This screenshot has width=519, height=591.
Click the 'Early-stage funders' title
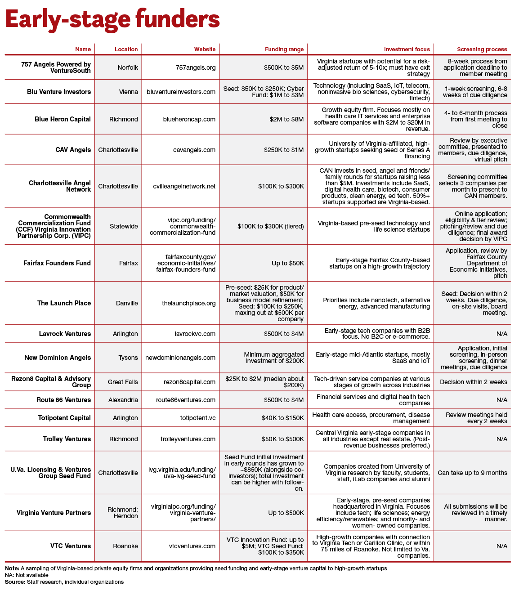(x=112, y=20)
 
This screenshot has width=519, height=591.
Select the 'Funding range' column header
(x=284, y=49)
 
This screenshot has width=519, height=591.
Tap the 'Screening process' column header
(x=482, y=49)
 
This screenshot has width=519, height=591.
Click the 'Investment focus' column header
(x=407, y=49)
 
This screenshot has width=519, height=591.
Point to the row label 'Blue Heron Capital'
(x=63, y=119)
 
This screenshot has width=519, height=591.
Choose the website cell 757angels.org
(x=196, y=67)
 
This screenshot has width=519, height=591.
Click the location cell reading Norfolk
(x=128, y=67)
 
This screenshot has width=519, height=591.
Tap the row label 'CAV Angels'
(x=73, y=150)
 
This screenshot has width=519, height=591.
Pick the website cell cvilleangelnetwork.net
(x=184, y=186)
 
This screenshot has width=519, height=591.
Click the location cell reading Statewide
(x=124, y=226)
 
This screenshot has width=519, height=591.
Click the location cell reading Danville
(x=127, y=303)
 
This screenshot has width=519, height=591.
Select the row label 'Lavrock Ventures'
(x=65, y=334)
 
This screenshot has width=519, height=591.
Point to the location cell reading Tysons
(x=128, y=358)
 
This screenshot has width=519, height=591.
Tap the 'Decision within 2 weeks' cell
(x=473, y=382)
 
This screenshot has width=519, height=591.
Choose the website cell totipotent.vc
(x=198, y=418)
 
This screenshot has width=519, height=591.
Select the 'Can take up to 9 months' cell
(x=472, y=473)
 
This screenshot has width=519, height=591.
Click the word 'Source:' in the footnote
(x=15, y=582)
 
